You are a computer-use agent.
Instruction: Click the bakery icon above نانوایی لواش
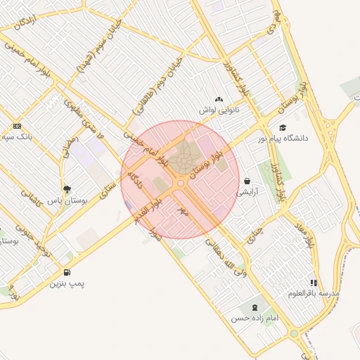219,100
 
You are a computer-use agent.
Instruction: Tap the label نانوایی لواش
219,111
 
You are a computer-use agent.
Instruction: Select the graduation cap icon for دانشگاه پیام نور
283,128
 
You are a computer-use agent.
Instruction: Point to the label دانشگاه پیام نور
304,139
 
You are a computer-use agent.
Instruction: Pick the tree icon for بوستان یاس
67,189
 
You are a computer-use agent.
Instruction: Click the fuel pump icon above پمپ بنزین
67,272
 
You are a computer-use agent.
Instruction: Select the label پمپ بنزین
67,283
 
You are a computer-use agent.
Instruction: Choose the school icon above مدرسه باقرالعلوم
314,283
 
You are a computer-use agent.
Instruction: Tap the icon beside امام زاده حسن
254,307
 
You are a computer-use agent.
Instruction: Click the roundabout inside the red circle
181,184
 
